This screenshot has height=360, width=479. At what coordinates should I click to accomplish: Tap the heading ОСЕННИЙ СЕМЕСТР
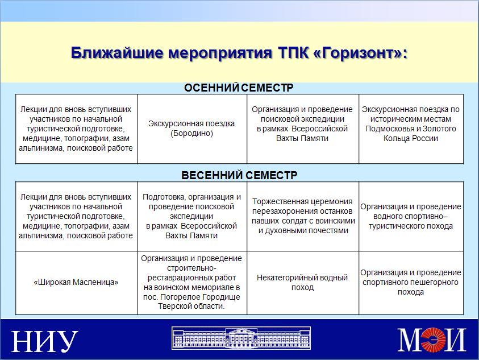click(239, 88)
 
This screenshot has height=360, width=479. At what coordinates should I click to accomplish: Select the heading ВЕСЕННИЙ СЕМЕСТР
click(239, 175)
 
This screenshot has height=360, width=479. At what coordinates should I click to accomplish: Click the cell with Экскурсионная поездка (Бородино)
click(192, 129)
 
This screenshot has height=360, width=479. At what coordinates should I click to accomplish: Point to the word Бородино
click(191, 133)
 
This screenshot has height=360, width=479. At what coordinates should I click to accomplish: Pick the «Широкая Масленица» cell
click(76, 283)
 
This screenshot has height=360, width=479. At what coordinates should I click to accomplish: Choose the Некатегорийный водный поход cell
click(302, 283)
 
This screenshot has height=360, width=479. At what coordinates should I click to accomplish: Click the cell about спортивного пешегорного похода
click(411, 283)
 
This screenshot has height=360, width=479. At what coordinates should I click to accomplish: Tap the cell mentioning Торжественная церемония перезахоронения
click(302, 216)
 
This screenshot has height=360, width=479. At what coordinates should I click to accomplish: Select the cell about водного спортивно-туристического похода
click(411, 216)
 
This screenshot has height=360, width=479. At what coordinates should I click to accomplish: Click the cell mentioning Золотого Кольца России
click(411, 129)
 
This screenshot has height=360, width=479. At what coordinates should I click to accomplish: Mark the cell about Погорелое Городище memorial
click(192, 283)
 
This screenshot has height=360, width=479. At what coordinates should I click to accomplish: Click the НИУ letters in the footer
click(44, 341)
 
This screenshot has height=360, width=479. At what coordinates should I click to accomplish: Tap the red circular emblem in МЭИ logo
click(432, 340)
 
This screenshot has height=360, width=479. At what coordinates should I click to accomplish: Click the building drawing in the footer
click(241, 338)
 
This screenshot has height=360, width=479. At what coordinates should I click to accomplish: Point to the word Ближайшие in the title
click(117, 53)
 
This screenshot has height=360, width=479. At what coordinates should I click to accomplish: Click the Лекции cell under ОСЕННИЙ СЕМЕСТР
click(76, 129)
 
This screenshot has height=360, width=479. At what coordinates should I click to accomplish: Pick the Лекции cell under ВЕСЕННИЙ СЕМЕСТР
click(76, 216)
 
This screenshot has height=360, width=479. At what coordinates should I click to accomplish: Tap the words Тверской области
click(191, 306)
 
